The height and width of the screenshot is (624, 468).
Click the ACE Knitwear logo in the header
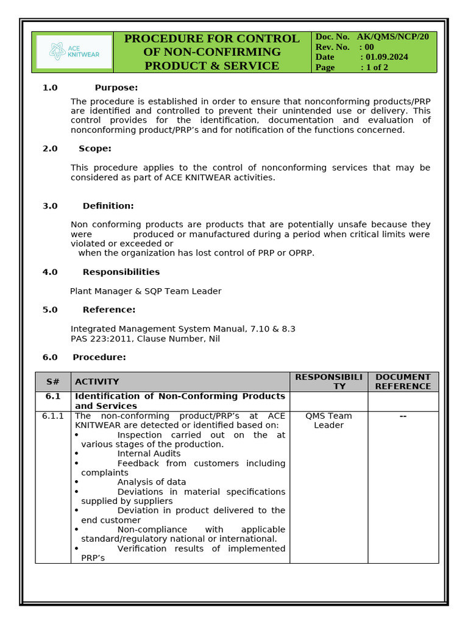pyautogui.click(x=73, y=52)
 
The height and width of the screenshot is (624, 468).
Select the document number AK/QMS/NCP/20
pyautogui.click(x=392, y=37)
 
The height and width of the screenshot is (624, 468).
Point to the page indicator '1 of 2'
pyautogui.click(x=377, y=68)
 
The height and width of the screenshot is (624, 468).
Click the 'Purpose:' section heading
pyautogui.click(x=116, y=88)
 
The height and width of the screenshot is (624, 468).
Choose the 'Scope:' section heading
pyautogui.click(x=94, y=149)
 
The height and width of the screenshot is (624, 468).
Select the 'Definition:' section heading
pyautogui.click(x=108, y=206)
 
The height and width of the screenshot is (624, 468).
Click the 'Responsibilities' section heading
pyautogui.click(x=121, y=272)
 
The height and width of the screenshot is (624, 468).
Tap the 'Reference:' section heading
pyautogui.click(x=109, y=310)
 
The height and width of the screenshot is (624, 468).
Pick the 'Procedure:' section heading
pyautogui.click(x=99, y=357)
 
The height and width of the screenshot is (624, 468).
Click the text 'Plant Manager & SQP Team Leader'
pyautogui.click(x=146, y=291)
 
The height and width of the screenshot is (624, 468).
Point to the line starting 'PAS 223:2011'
pyautogui.click(x=145, y=339)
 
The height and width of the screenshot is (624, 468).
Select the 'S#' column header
pyautogui.click(x=53, y=381)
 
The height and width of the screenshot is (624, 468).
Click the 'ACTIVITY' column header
pyautogui.click(x=97, y=381)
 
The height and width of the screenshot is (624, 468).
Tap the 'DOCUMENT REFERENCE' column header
pyautogui.click(x=403, y=381)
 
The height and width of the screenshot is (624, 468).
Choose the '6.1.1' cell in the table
pyautogui.click(x=53, y=416)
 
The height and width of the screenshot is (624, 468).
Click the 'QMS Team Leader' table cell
pyautogui.click(x=328, y=420)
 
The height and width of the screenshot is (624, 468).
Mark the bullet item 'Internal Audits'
pyautogui.click(x=149, y=453)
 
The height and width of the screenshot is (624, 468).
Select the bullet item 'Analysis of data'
pyautogui.click(x=151, y=482)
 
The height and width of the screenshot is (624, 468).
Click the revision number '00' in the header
pyautogui.click(x=369, y=47)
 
